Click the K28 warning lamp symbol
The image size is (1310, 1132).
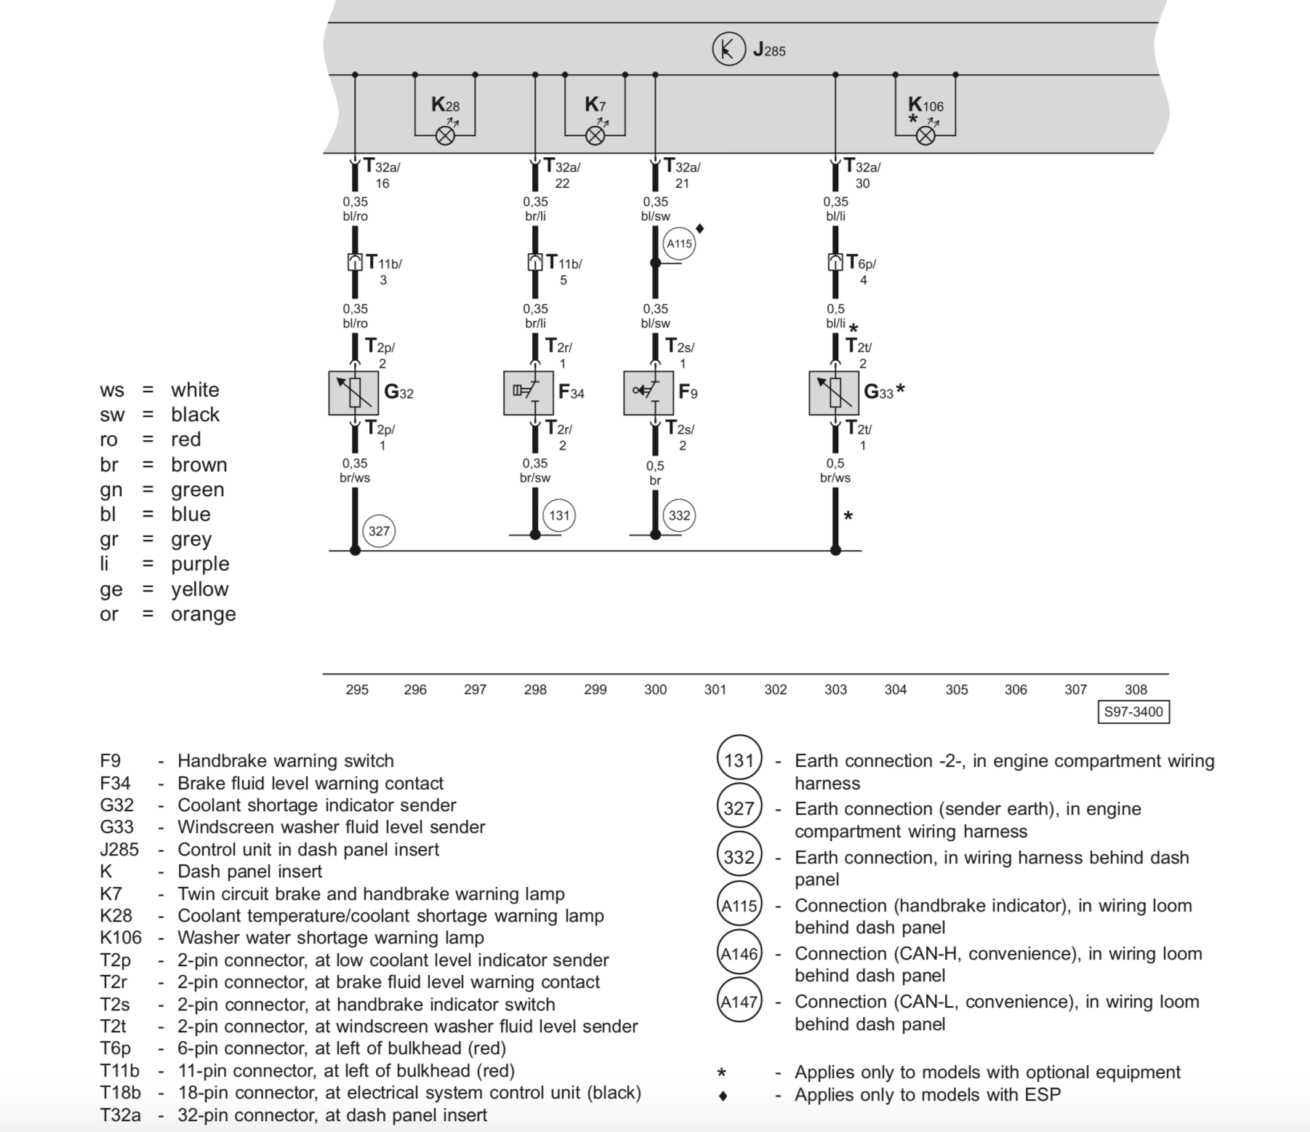(x=445, y=135)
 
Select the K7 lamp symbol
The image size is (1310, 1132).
(x=595, y=135)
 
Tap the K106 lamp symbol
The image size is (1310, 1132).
(x=925, y=135)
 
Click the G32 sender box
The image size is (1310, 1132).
(x=353, y=393)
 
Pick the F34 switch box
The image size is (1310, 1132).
(x=529, y=393)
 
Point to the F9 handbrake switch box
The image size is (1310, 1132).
(x=648, y=393)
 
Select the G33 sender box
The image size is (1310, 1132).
(x=834, y=393)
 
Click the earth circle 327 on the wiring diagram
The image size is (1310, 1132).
(x=379, y=531)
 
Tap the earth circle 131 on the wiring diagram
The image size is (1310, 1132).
(x=559, y=516)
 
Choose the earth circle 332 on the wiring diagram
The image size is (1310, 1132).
(x=679, y=516)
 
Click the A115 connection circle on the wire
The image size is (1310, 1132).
(x=679, y=244)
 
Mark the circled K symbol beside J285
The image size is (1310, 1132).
(x=728, y=49)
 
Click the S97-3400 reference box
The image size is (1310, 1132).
(x=1133, y=712)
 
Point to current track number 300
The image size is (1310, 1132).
(x=655, y=690)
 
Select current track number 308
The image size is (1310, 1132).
(x=1136, y=690)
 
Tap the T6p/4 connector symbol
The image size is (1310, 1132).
(x=835, y=262)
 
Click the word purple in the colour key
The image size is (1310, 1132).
(x=200, y=565)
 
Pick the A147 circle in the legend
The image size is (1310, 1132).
(x=739, y=1003)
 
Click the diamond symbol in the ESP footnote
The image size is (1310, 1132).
(x=723, y=1096)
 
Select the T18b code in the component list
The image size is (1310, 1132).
(x=121, y=1093)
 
